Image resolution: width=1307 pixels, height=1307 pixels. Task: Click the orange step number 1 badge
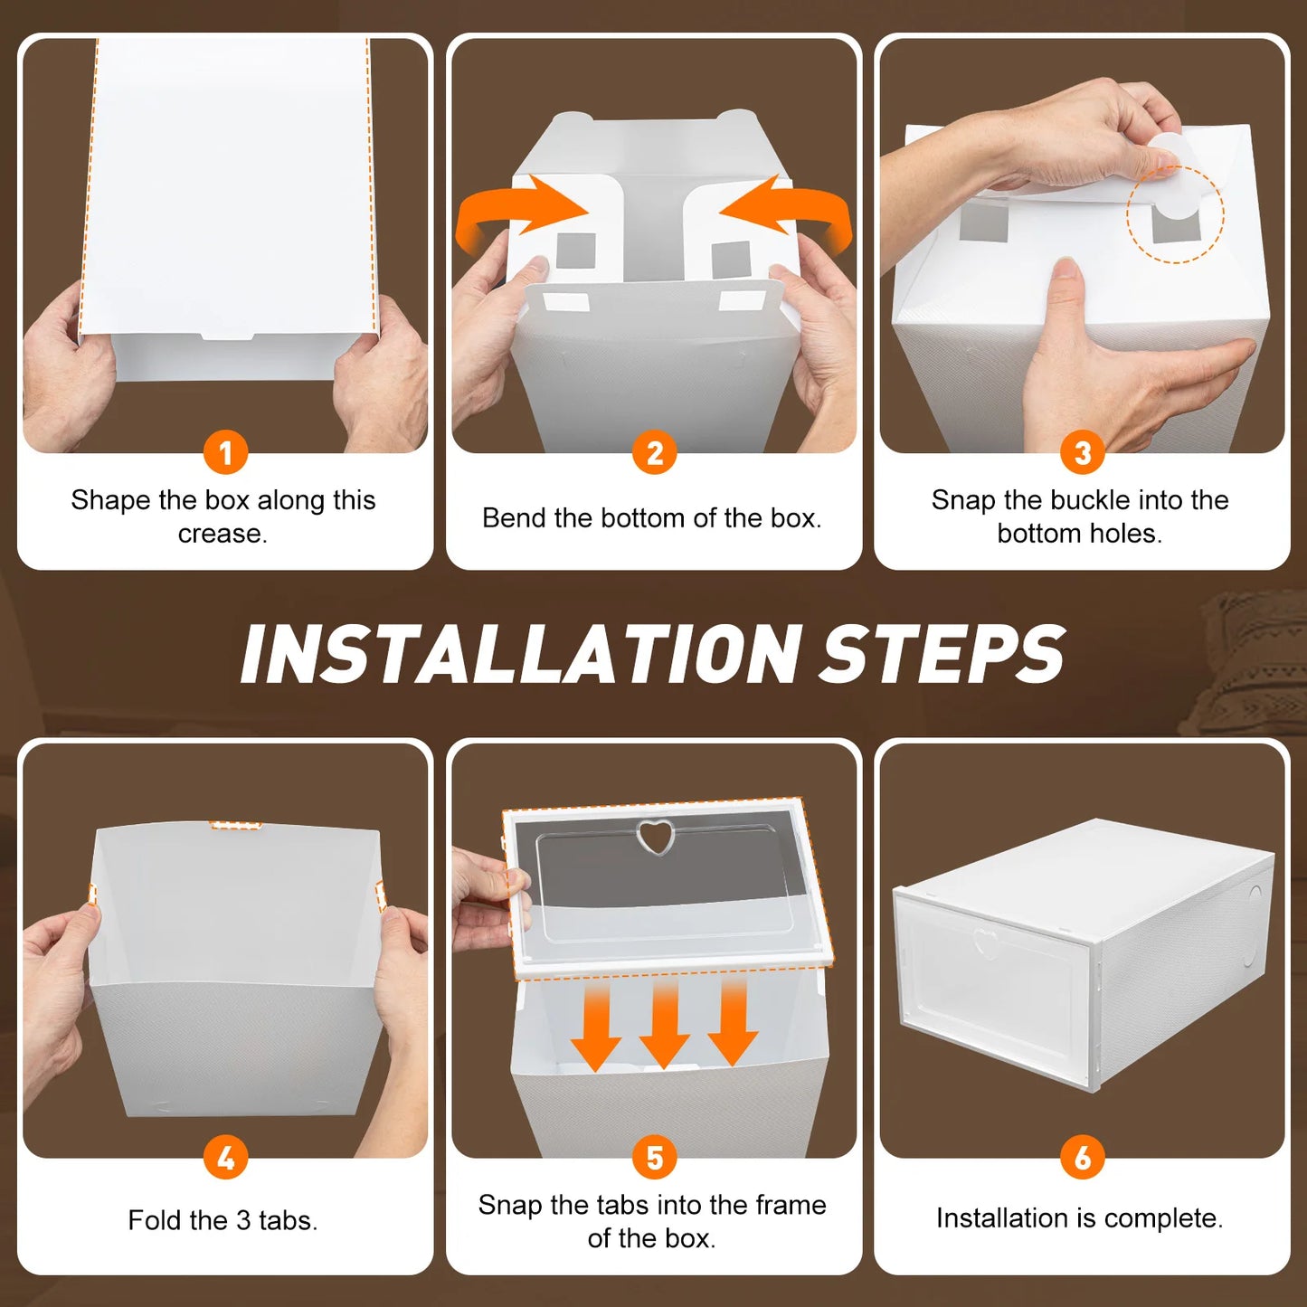(225, 452)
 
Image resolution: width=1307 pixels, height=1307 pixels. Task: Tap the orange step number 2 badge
(654, 452)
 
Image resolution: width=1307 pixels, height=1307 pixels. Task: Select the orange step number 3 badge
(1082, 452)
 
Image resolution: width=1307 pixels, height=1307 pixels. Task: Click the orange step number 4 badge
(225, 1157)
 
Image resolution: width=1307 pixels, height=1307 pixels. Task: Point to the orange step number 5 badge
(654, 1157)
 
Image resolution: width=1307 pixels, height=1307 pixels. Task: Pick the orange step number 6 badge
(1082, 1157)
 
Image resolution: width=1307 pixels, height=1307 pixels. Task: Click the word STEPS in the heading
(941, 654)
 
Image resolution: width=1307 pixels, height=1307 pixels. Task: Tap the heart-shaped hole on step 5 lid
(654, 837)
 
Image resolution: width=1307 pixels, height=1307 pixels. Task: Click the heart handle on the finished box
(985, 943)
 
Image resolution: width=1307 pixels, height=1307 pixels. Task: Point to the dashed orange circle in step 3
(1174, 214)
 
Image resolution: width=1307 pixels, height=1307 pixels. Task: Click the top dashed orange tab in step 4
(236, 825)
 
